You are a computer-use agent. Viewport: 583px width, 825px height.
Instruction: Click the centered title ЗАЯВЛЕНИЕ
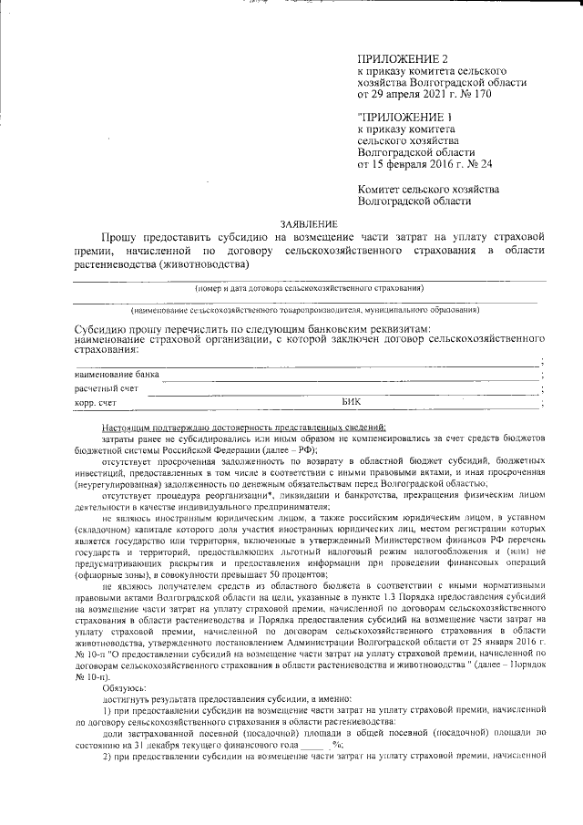point(309,224)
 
